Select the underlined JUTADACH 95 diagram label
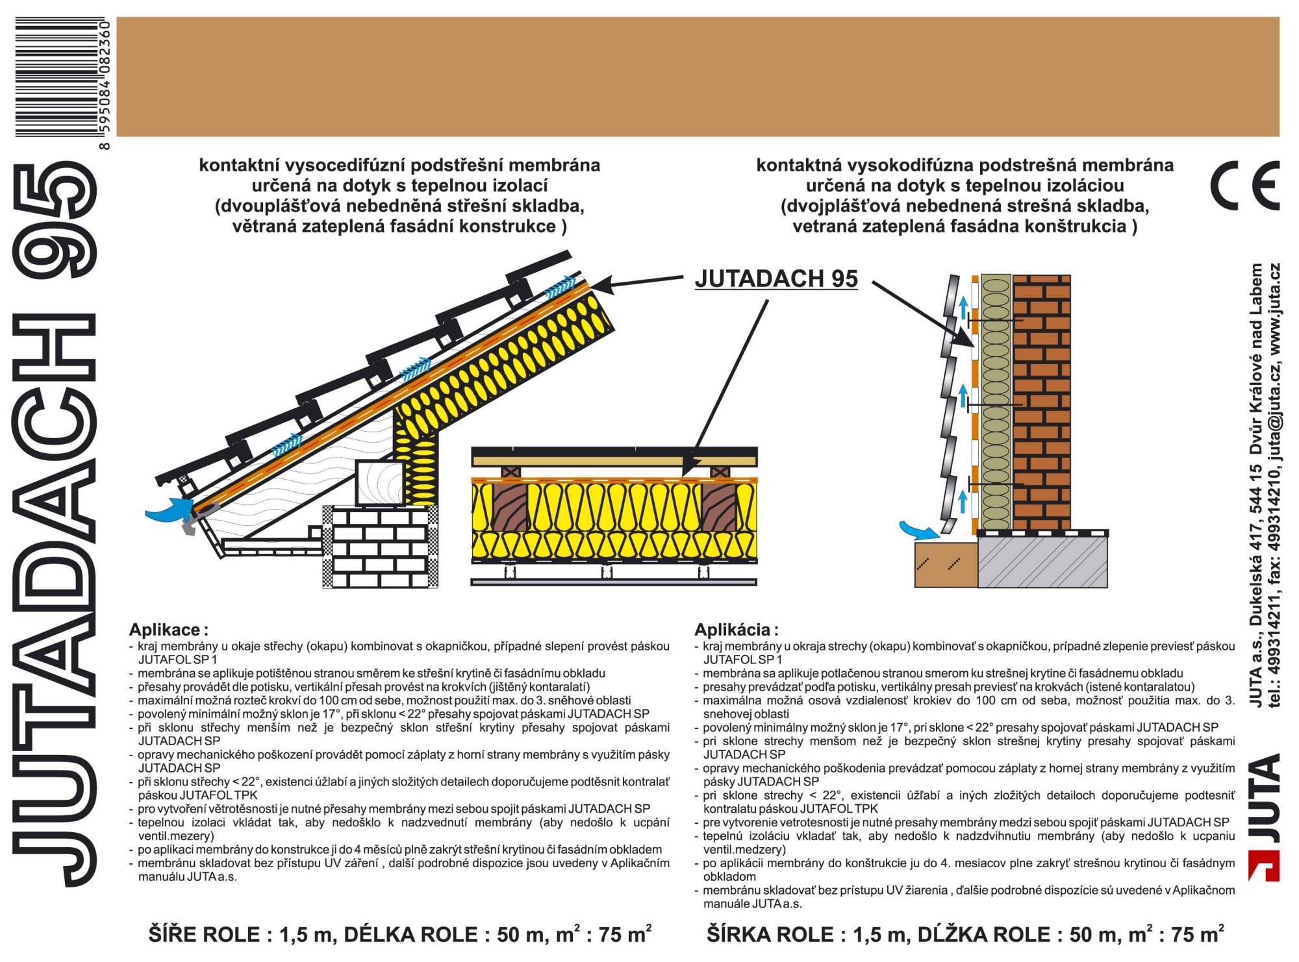pyautogui.click(x=776, y=278)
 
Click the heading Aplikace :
pyautogui.click(x=168, y=630)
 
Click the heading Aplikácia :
pyautogui.click(x=736, y=630)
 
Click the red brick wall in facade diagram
pyautogui.click(x=1042, y=402)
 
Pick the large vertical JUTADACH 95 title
pyautogui.click(x=55, y=526)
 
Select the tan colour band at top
pyautogui.click(x=698, y=77)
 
